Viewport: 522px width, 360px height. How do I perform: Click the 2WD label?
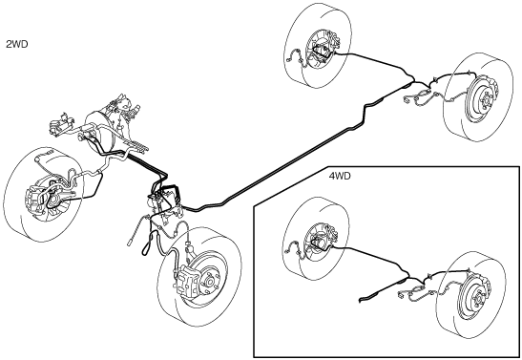click(17, 44)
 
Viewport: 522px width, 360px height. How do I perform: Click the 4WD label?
click(340, 176)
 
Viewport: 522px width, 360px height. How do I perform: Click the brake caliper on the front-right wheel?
click(188, 281)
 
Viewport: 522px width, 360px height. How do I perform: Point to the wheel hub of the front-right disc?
click(210, 282)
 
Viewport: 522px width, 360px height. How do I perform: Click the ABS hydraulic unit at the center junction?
click(165, 200)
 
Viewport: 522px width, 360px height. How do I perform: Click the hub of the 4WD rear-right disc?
click(478, 296)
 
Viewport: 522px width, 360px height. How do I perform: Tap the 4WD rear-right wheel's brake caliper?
click(487, 282)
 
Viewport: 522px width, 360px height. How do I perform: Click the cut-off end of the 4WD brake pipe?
click(361, 300)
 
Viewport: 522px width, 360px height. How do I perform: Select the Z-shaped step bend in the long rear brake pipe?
click(366, 114)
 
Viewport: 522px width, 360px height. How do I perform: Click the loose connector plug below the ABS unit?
click(131, 243)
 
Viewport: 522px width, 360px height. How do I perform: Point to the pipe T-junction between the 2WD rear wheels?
click(413, 80)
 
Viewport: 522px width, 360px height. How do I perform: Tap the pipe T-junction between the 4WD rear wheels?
click(407, 275)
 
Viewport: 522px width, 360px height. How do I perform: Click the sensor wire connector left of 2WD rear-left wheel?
click(288, 60)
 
